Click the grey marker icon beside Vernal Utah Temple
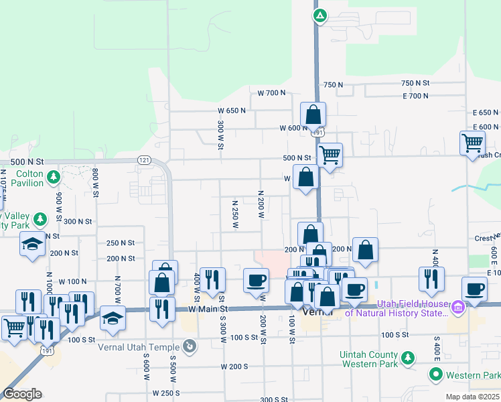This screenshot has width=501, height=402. (190, 346)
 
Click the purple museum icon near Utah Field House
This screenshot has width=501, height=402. (458, 308)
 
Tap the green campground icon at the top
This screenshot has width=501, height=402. (320, 16)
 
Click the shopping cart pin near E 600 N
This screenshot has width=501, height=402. (472, 142)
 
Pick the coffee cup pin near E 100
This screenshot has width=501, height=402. (475, 289)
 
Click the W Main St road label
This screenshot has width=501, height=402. (208, 309)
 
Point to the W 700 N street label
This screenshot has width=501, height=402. (271, 92)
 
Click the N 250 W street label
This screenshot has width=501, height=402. (235, 214)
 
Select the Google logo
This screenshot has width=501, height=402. (22, 394)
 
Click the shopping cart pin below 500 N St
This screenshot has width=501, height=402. (330, 155)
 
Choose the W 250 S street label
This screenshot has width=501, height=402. (167, 393)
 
